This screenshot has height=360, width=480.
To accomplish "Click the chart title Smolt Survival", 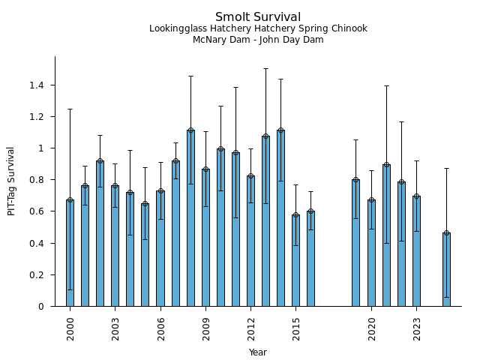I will coord(258,17).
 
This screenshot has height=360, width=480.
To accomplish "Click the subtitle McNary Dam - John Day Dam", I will coord(258,40).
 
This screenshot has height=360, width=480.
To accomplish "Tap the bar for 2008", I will coord(190,217).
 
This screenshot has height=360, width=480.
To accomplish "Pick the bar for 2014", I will coord(280,217).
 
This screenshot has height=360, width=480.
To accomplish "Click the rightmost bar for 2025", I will coord(446,269).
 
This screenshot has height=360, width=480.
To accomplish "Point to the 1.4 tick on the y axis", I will coord(37,85).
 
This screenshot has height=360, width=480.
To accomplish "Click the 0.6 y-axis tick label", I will coord(37,211).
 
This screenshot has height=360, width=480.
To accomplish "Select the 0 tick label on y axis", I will coord(42,306).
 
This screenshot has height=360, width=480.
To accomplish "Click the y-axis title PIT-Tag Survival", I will coord(11,181).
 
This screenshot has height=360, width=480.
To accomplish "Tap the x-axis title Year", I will coord(258,352).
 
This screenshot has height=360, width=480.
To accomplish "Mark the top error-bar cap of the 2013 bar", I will coord(265,69).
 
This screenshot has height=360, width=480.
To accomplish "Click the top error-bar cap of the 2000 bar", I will coord(70,109).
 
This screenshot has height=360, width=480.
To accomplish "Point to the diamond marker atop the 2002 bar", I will coord(100,161).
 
